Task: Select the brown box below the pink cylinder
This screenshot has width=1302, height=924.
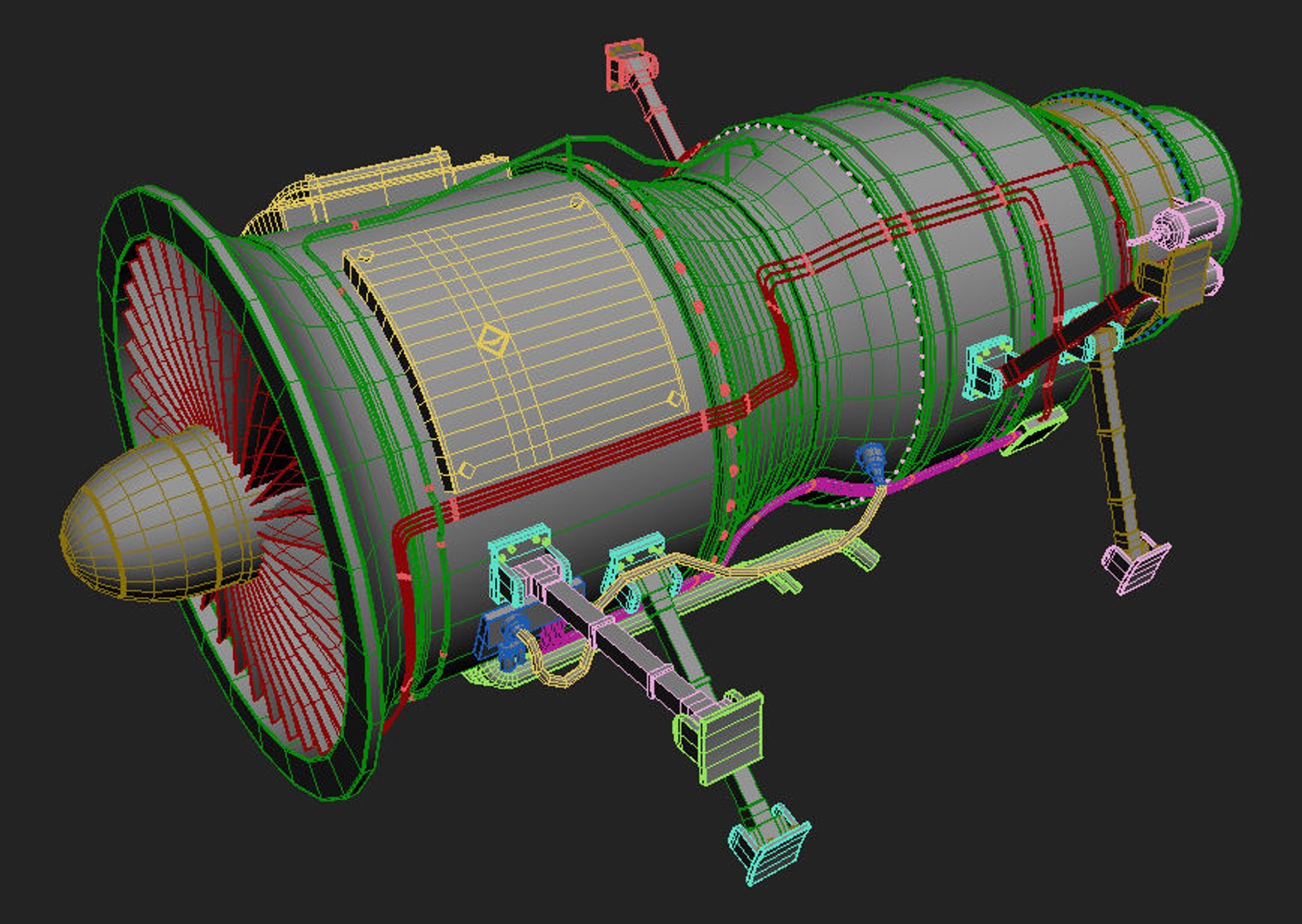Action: [x=1176, y=274]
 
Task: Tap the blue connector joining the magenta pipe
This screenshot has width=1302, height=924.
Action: [x=873, y=462]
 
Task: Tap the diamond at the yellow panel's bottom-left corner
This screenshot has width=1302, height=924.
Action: [x=466, y=470]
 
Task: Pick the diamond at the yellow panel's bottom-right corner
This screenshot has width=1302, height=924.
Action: [x=674, y=399]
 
